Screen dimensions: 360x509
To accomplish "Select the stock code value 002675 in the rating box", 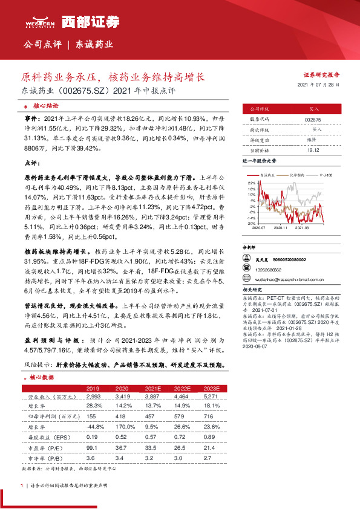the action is (313, 120).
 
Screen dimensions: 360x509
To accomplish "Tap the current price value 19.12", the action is (313, 149).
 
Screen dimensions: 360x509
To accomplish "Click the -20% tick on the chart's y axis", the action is (250, 223).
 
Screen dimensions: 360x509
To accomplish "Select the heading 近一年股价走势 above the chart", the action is (259, 162).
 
